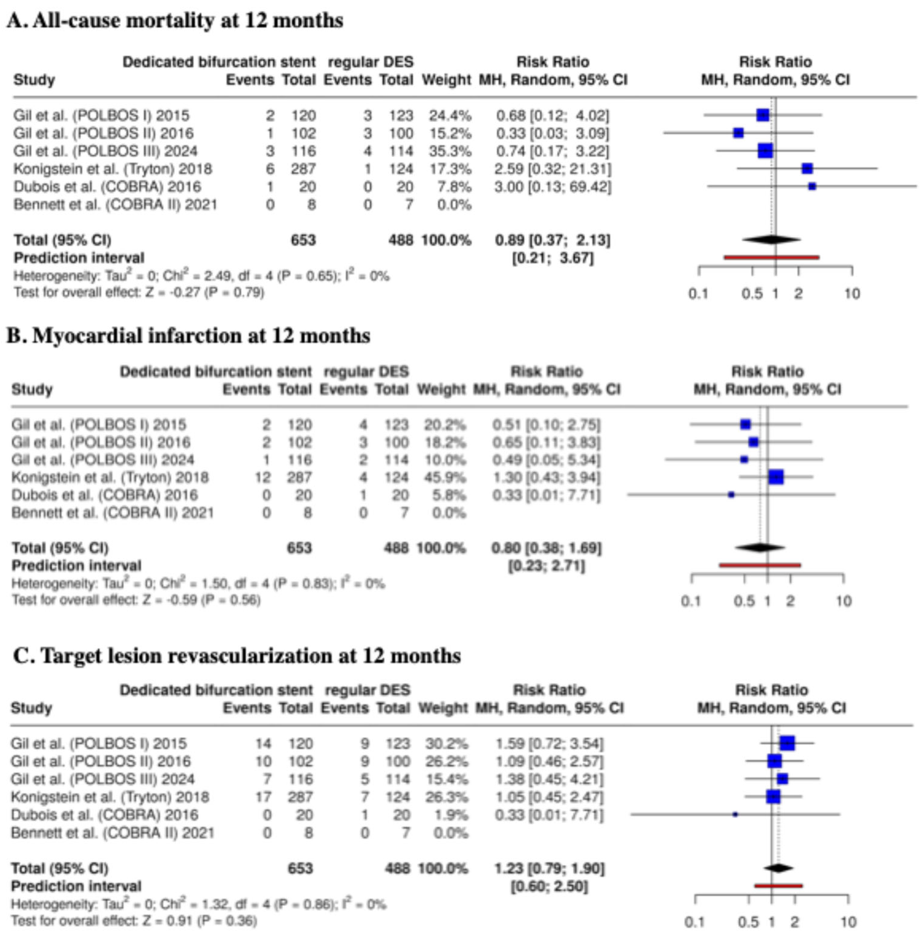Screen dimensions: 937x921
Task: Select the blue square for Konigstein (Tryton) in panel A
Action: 807,168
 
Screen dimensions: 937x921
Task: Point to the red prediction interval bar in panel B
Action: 759,565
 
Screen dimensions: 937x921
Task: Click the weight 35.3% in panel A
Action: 449,151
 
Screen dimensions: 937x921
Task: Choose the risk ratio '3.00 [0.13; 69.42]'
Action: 552,187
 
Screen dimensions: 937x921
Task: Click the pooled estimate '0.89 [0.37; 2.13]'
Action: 552,240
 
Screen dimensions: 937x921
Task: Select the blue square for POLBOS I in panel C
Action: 787,743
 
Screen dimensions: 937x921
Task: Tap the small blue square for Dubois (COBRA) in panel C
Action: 735,815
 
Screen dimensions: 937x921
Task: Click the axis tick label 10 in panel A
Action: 852,293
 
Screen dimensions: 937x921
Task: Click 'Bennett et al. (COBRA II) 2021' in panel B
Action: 113,512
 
